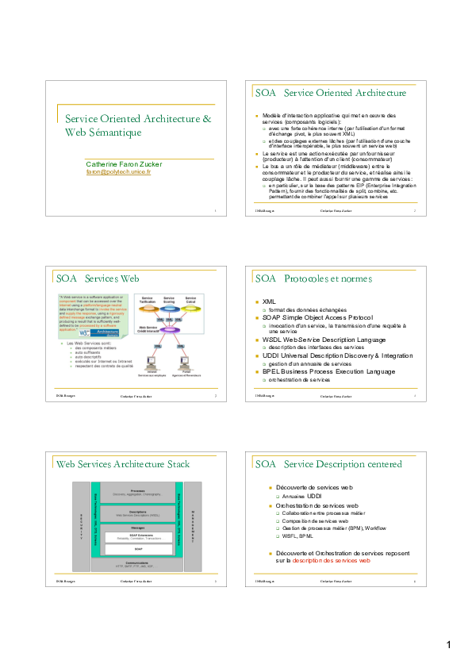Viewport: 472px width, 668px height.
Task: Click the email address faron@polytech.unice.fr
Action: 118,171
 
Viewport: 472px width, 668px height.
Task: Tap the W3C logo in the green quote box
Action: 75,334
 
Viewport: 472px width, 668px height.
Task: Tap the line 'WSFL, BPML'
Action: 299,536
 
